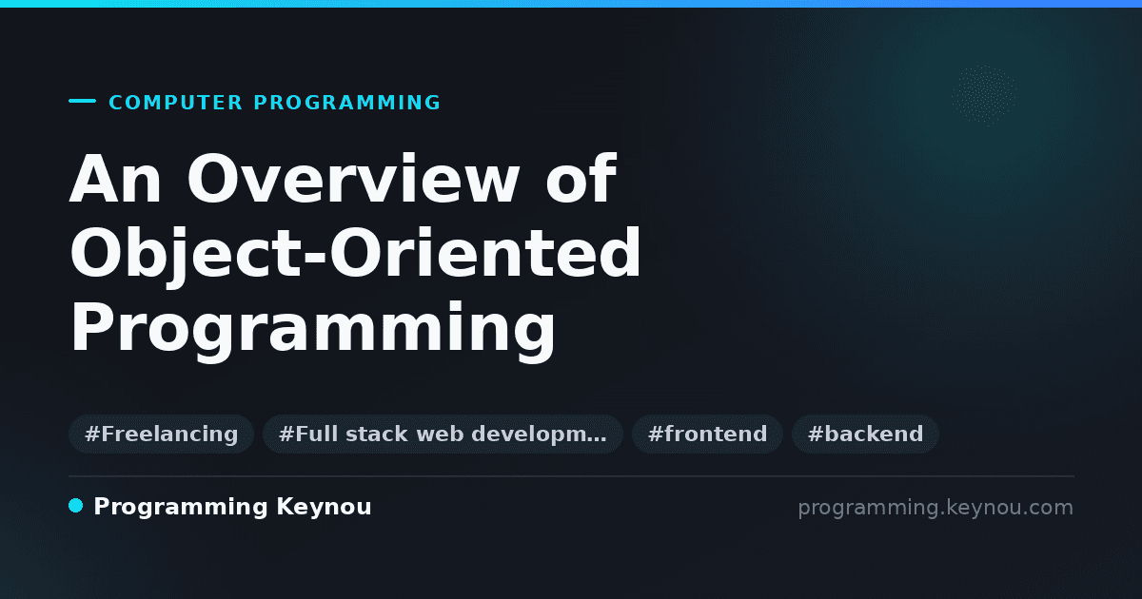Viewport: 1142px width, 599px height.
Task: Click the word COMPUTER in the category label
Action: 175,103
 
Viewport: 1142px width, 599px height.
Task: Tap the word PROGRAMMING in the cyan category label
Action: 346,103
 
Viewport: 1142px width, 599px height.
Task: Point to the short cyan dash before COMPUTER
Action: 82,101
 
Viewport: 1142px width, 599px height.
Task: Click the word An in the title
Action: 116,179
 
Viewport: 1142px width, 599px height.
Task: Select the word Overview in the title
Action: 354,179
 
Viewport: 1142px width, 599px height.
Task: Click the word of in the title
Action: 581,179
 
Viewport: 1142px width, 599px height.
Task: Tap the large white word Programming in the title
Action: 312,329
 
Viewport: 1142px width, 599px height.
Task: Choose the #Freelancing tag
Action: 161,434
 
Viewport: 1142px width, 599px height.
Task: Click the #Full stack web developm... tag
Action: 443,434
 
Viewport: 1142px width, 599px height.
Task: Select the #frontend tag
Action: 707,434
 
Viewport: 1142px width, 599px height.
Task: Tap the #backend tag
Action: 865,434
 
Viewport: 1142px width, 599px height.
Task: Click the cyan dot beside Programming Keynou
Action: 75,506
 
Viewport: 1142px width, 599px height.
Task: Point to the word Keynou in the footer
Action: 324,508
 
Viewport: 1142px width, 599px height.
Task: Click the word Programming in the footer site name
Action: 181,508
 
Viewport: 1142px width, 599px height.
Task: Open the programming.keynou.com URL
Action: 935,508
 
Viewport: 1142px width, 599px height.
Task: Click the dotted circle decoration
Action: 984,95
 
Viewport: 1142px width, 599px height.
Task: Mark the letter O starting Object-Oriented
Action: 96,253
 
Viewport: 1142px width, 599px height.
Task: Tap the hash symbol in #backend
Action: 816,434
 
